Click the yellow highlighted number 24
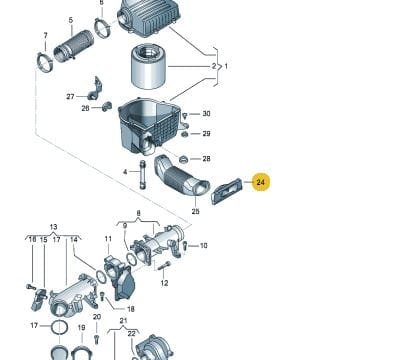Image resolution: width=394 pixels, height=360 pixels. [x=260, y=182]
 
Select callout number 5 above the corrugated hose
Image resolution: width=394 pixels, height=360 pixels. [x=71, y=20]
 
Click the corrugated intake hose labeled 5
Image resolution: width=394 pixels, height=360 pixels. [x=73, y=46]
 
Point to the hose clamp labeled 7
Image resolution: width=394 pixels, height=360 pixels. [x=45, y=62]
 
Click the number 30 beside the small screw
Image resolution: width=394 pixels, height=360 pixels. [x=206, y=114]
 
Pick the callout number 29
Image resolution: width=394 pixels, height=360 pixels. [x=206, y=134]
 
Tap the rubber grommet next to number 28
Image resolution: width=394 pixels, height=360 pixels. [x=183, y=160]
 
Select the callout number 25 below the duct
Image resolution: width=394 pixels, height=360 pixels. [x=195, y=211]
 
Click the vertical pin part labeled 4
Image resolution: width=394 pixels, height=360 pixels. [x=143, y=174]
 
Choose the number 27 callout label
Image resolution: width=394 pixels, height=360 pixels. [x=70, y=97]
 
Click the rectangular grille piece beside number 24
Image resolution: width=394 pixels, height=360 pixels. [x=226, y=192]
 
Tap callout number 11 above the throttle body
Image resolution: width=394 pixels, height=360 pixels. [x=108, y=239]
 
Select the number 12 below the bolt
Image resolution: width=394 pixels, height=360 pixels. [x=164, y=283]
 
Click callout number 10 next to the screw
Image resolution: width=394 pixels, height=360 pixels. [x=203, y=246]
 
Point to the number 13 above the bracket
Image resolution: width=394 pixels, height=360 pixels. [x=53, y=227]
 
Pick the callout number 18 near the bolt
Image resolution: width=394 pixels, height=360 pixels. [x=131, y=309]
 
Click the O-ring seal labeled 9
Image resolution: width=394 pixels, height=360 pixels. [x=132, y=259]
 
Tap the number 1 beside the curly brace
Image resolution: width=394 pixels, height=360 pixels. [x=226, y=66]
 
